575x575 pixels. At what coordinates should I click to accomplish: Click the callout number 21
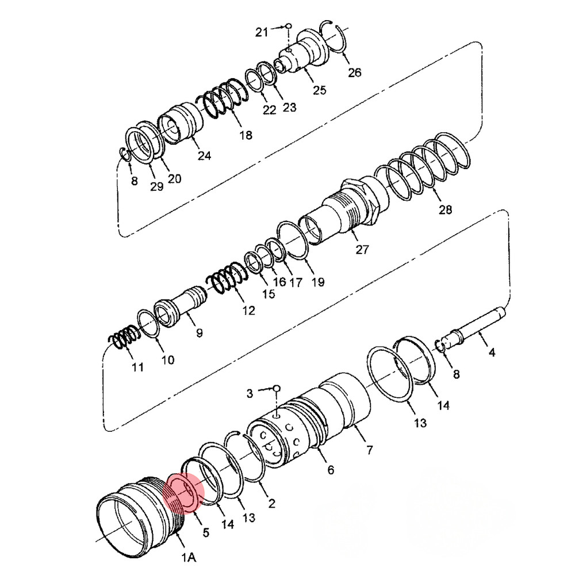[x=262, y=32]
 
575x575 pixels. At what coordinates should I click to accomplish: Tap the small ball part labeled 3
[x=277, y=388]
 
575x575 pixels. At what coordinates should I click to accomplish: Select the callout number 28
[x=445, y=210]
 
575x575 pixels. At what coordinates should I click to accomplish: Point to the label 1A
[x=189, y=558]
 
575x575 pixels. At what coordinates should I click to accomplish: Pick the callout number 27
[x=362, y=250]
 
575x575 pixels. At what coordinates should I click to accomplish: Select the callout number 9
[x=199, y=333]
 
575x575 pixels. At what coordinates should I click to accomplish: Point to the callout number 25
[x=319, y=90]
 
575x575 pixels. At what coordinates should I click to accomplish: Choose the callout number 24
[x=204, y=156]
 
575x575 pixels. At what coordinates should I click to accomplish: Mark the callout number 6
[x=331, y=470]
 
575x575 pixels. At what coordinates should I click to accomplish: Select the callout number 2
[x=271, y=503]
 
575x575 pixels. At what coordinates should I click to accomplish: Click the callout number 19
[x=317, y=282]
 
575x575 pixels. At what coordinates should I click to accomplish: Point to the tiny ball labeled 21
[x=288, y=26]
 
